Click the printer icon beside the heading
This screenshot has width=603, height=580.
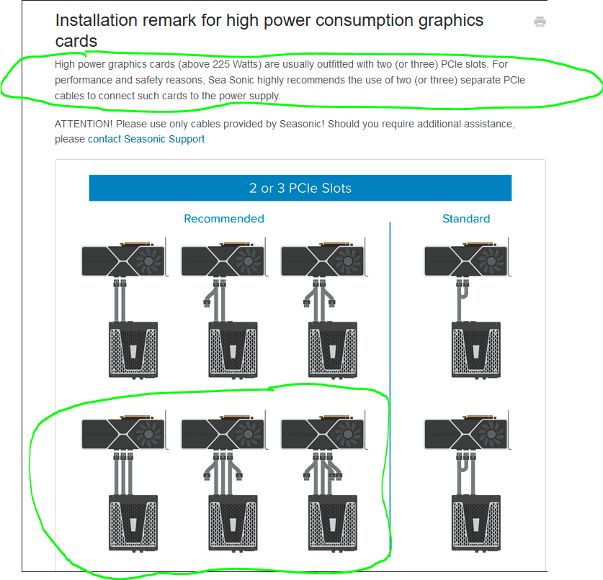(540, 22)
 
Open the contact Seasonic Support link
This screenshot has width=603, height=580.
(146, 139)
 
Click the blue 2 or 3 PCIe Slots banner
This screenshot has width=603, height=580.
(300, 188)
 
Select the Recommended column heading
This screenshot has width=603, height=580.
(224, 219)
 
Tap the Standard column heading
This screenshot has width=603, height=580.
(466, 219)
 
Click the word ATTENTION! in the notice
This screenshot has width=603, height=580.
(84, 124)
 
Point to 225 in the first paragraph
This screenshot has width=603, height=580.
(220, 64)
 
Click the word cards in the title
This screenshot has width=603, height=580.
(76, 41)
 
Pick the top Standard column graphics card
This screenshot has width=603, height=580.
(468, 258)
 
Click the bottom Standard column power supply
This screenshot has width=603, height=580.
(476, 523)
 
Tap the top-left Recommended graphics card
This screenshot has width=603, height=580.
(125, 258)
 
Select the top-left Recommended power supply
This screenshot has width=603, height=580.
(133, 350)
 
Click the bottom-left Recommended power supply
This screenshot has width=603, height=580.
(133, 523)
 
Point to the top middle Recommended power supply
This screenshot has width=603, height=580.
(233, 350)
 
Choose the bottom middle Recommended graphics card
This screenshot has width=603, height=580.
(225, 431)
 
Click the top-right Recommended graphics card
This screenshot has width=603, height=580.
(324, 258)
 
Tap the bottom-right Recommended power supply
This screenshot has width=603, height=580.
(333, 523)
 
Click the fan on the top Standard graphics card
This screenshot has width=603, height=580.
(491, 261)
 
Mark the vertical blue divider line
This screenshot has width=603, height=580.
(390, 389)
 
